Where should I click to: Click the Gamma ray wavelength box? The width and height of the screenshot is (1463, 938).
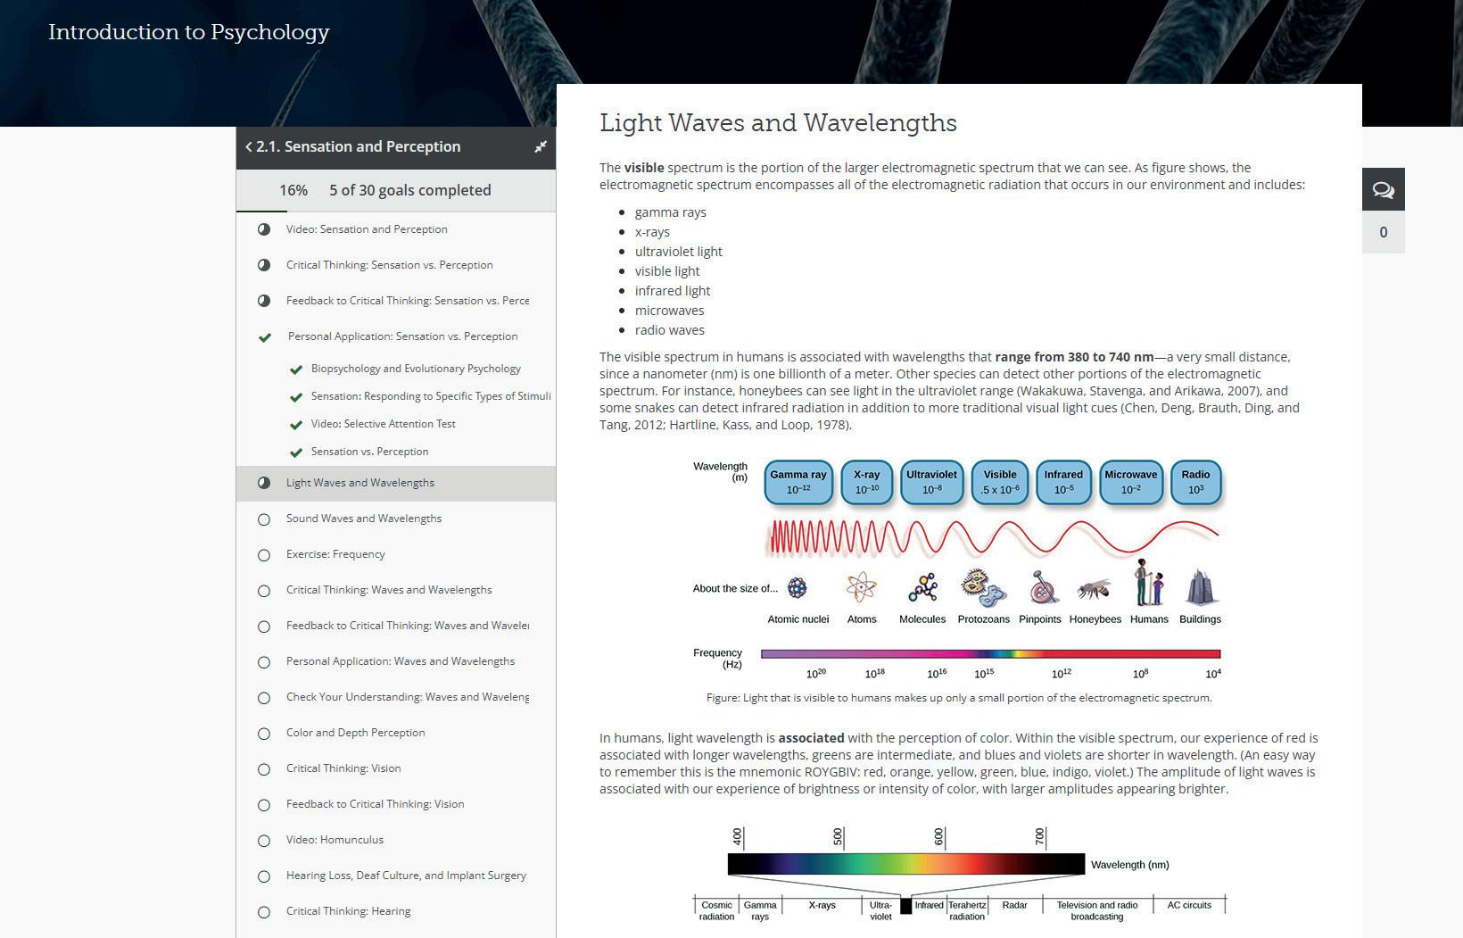[x=798, y=482]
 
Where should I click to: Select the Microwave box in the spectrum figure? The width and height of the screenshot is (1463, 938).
[x=1130, y=482]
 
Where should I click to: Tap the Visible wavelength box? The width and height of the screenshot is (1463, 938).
[x=999, y=482]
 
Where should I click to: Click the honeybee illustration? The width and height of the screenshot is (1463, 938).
[x=1094, y=589]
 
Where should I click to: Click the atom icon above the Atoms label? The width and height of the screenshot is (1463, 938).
[x=862, y=587]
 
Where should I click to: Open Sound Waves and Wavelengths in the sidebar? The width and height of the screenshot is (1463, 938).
[x=363, y=519]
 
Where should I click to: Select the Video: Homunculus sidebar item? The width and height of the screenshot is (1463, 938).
[x=335, y=840]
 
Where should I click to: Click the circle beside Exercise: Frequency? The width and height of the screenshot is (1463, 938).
[x=264, y=555]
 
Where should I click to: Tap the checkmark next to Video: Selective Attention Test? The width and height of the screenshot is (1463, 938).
[x=296, y=425]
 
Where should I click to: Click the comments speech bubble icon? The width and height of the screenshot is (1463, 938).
[x=1383, y=189]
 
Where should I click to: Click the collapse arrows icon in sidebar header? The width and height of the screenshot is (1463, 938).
[x=540, y=147]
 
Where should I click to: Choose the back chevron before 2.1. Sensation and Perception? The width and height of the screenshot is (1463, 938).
[x=249, y=147]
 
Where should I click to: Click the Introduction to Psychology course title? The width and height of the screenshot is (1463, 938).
[x=189, y=32]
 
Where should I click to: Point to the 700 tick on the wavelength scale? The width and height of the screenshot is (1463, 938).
[x=1040, y=837]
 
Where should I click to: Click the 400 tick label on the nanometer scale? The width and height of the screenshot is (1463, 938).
[x=738, y=837]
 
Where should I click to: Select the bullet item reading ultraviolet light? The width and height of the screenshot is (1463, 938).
[x=678, y=252]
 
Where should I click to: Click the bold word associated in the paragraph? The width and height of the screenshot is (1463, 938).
[x=811, y=738]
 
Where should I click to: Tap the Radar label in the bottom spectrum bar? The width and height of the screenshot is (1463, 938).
[x=1014, y=905]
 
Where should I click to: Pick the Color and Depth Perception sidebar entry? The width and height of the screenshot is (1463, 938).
[x=355, y=733]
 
